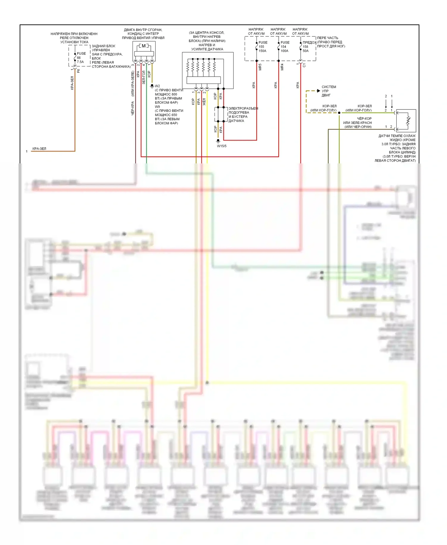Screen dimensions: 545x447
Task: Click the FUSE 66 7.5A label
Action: coord(80,58)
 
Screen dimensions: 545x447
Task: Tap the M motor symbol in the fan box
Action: coord(144,46)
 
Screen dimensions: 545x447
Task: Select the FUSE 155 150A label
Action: coord(263,47)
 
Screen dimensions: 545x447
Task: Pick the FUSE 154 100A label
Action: coord(285,47)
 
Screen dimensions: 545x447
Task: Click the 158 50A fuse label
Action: coord(306,49)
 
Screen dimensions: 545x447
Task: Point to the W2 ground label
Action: coord(157,86)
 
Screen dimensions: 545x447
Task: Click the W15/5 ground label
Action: coord(221,146)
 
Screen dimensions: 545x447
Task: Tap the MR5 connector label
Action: coord(260,67)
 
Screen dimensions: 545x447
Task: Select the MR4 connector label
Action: coord(282,67)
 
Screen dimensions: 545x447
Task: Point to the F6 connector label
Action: coord(78,71)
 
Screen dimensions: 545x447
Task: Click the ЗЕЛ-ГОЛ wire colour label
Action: coord(144,77)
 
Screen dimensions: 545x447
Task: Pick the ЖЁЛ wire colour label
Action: coord(204,102)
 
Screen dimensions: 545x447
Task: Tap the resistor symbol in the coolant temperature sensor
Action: coord(408,121)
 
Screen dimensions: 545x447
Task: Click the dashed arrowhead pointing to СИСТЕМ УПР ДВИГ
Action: coord(318,91)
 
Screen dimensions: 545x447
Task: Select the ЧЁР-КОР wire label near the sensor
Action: coord(364,118)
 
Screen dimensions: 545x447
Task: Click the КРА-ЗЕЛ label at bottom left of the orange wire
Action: coord(39,148)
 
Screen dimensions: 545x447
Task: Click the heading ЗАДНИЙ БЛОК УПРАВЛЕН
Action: coord(103,48)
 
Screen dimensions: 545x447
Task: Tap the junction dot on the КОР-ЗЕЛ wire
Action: coord(339,113)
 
